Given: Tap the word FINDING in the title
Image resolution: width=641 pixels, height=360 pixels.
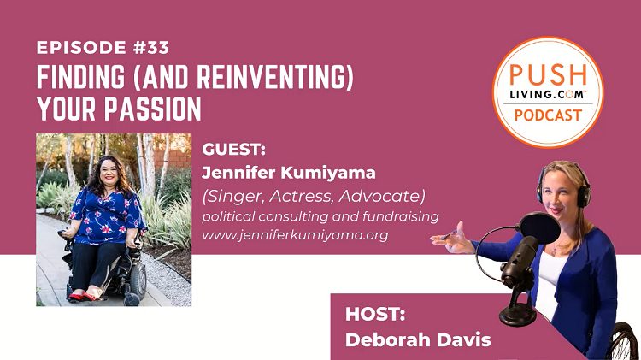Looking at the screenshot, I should click(x=72, y=80).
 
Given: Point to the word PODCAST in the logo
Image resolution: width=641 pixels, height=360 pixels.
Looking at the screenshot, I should click(x=548, y=115).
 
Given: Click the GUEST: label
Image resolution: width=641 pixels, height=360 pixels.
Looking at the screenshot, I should click(x=230, y=148).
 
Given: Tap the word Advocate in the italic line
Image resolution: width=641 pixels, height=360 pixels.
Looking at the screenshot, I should click(x=391, y=196).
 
